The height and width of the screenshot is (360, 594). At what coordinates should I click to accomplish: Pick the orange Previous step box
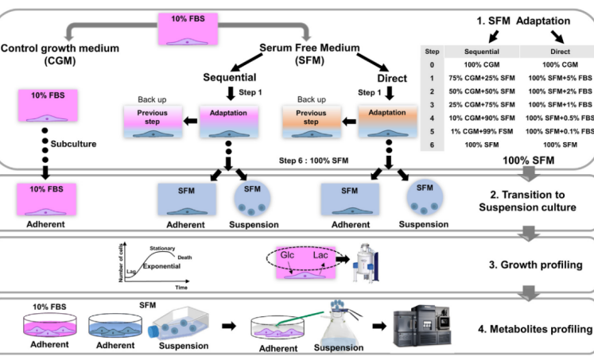pyautogui.click(x=306, y=118)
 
